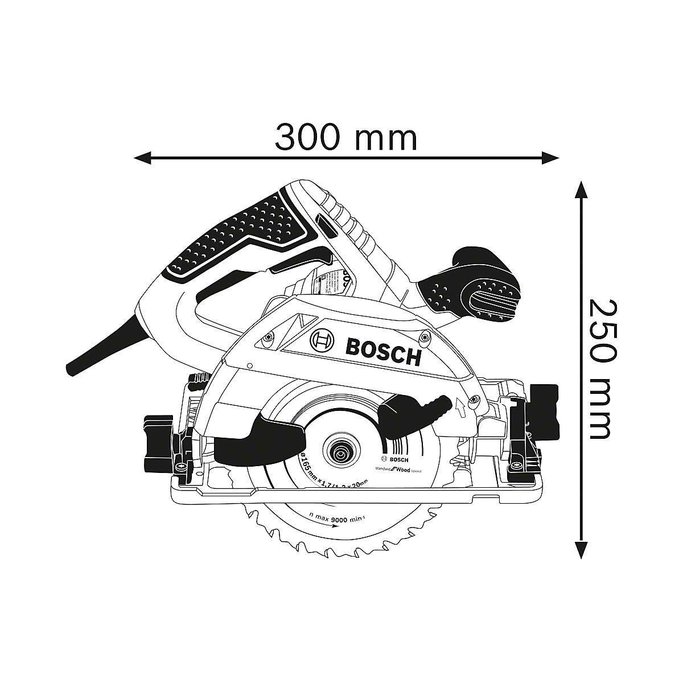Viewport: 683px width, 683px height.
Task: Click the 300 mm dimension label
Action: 346,138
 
